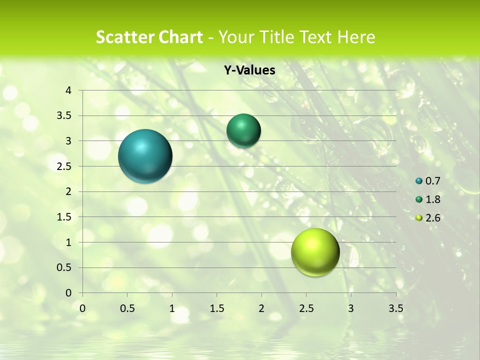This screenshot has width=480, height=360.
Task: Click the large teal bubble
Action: [145, 156]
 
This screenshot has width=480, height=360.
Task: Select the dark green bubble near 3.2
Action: [243, 130]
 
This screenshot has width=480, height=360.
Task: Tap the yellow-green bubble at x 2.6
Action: [315, 252]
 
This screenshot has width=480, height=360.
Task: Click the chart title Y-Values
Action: [249, 70]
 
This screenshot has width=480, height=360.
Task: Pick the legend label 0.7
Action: [432, 181]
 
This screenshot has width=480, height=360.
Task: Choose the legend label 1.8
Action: [432, 199]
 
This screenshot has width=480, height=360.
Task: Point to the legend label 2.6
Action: [432, 218]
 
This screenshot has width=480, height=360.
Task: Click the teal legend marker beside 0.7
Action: [419, 181]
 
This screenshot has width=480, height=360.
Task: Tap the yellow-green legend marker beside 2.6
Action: [419, 218]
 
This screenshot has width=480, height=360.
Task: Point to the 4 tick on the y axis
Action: [69, 90]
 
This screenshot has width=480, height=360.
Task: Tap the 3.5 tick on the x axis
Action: [395, 308]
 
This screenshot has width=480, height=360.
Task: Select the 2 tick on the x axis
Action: [261, 308]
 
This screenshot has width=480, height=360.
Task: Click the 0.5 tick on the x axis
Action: [127, 308]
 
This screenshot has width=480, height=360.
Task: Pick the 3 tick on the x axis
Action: [351, 308]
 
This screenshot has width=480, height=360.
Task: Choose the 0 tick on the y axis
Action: [69, 293]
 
